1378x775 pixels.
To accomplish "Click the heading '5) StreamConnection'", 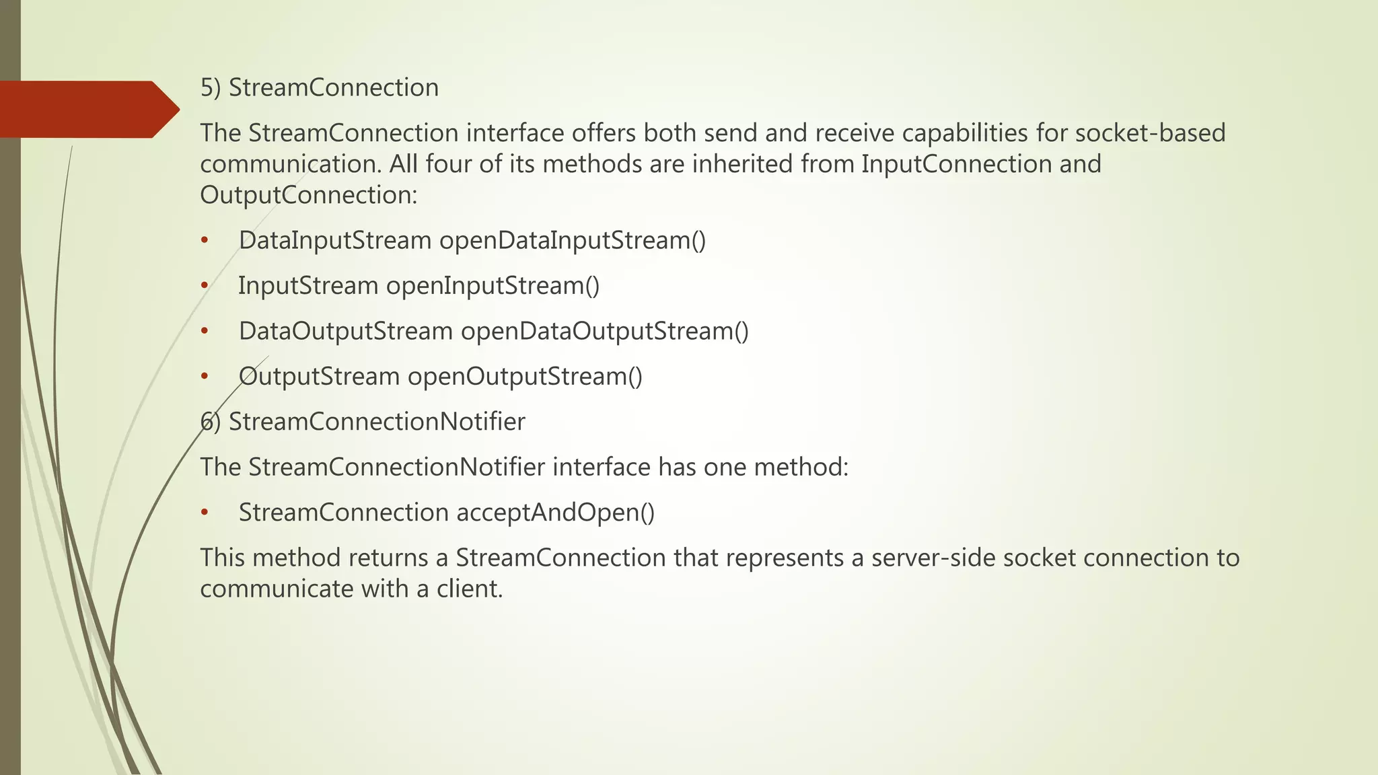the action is (319, 87).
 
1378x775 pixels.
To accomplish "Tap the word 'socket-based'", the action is (1150, 133).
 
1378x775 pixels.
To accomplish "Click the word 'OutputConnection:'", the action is (309, 195).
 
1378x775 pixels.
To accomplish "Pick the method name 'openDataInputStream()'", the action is (573, 240).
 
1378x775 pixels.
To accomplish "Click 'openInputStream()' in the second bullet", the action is (493, 286).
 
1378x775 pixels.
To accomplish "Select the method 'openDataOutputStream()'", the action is (604, 331).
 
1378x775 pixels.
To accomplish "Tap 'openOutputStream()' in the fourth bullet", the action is (525, 376).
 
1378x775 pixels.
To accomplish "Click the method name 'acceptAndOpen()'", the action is (555, 513).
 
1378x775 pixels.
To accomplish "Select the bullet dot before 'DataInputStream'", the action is (205, 241).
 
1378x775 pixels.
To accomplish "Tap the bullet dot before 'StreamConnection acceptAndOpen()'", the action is (205, 513).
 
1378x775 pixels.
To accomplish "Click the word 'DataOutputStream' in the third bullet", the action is (346, 331).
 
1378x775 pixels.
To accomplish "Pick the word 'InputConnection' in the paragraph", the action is (956, 164).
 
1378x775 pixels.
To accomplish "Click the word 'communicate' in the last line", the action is (277, 589).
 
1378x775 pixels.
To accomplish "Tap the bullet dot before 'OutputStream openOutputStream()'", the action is (205, 377).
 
